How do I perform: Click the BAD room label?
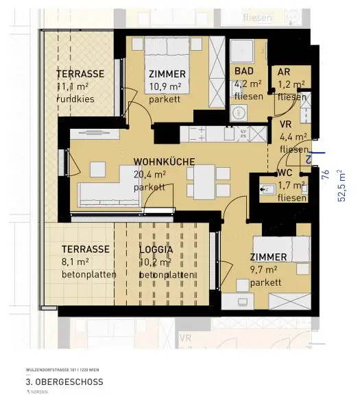click(243, 72)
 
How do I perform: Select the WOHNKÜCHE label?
click(164, 162)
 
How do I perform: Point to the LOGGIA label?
click(156, 250)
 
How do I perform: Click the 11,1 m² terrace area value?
click(75, 86)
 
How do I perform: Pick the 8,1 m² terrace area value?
click(75, 262)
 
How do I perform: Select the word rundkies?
click(75, 99)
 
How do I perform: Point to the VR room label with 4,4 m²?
click(286, 124)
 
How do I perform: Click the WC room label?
click(286, 173)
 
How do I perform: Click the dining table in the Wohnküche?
click(204, 182)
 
